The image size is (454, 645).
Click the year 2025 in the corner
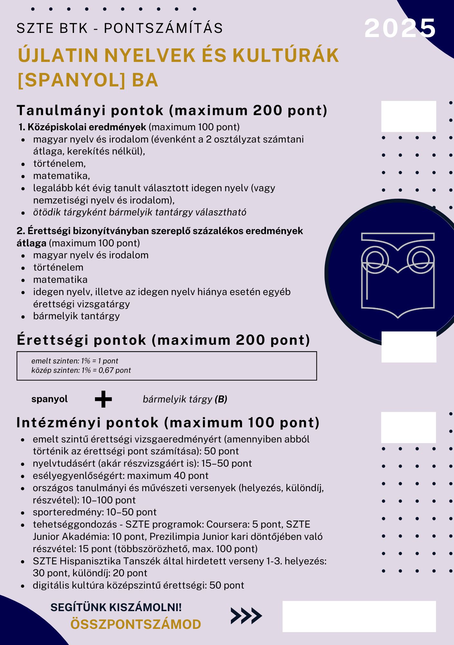pos(400,28)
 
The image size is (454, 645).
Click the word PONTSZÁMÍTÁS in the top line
pos(163,28)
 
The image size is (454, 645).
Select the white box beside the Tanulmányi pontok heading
pos(409,116)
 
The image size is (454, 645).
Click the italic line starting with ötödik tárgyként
pos(139,213)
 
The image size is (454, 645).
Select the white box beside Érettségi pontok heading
pos(409,347)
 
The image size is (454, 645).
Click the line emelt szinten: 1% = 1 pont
pos(75,361)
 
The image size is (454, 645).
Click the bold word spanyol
pos(50,399)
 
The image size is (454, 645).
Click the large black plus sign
pos(103,399)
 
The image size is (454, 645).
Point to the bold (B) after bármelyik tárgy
pos(221,399)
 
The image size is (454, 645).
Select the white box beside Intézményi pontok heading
pos(408,427)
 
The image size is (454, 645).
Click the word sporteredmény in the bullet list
pos(67,512)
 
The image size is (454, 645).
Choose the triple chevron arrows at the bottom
pos(246,616)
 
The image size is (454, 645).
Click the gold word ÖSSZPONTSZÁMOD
pos(136,624)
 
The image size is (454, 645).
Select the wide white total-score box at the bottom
pos(359,616)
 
